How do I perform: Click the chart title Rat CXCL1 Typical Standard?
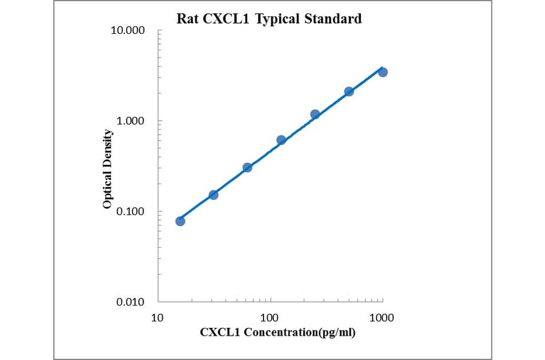click(x=269, y=19)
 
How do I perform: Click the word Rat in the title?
click(x=186, y=19)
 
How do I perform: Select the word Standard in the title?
click(x=334, y=19)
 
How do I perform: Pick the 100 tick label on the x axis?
click(x=269, y=317)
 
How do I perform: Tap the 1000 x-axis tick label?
click(x=381, y=317)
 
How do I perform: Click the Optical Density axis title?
click(x=107, y=169)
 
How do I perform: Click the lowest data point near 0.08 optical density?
click(x=180, y=221)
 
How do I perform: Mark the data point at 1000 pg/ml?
click(x=383, y=72)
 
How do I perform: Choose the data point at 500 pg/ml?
click(x=349, y=92)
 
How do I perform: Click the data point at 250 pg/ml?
click(x=315, y=114)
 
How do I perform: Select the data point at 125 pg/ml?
click(x=281, y=140)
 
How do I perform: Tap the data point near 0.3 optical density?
click(x=247, y=167)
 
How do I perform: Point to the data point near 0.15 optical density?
click(x=213, y=195)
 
